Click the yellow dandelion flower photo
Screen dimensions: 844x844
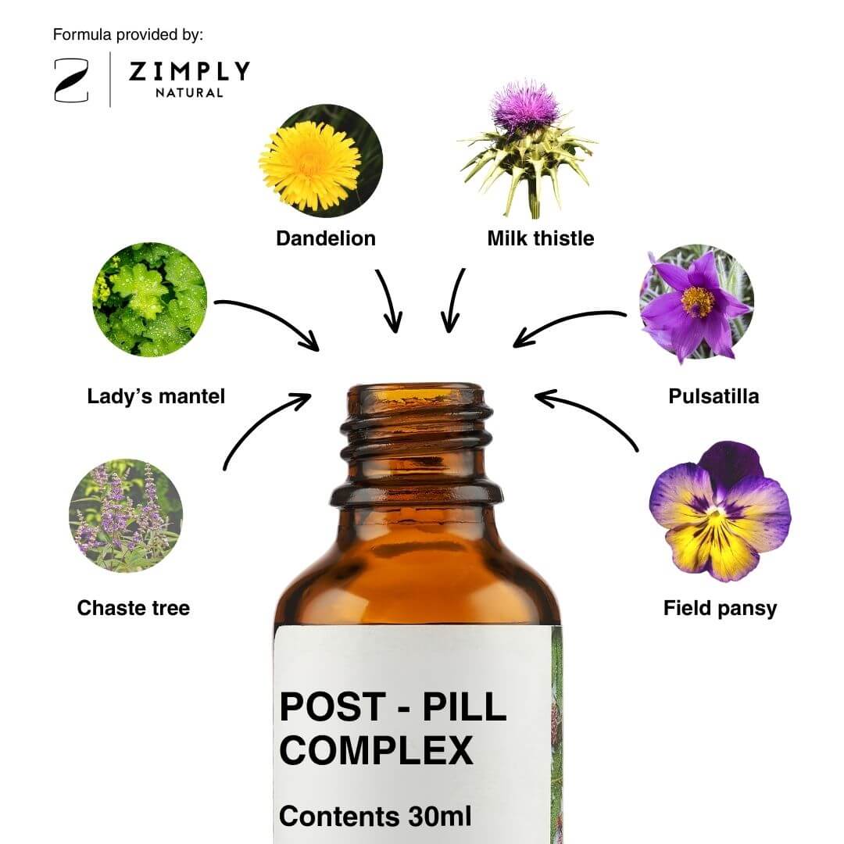coord(321,160)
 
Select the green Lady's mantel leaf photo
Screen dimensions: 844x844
coord(149,299)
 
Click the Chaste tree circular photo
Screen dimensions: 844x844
coord(126,515)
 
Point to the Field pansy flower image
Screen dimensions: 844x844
coord(721,511)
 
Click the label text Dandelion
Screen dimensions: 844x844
coord(326,238)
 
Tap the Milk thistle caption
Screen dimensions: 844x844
coord(541,238)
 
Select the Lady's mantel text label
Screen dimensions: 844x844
coord(156,396)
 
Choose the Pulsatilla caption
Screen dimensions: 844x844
coord(713,396)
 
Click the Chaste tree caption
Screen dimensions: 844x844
coord(134,608)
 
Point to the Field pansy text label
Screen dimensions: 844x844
coord(721,609)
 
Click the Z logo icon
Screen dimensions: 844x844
coord(72,80)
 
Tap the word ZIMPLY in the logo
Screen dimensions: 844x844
coord(189,71)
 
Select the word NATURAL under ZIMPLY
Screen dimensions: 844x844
coord(189,92)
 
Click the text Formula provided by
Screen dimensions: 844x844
coord(128,35)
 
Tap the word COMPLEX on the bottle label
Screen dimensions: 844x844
coord(376,750)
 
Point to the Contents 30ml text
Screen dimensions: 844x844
coord(375,816)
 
